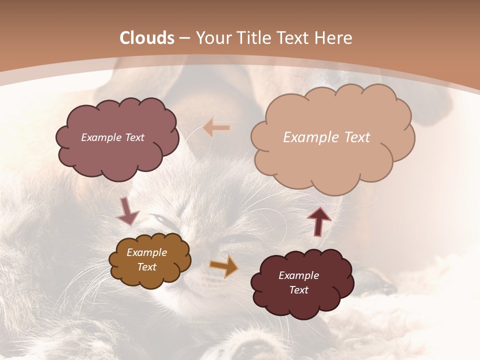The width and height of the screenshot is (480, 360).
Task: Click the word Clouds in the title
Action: coord(147,38)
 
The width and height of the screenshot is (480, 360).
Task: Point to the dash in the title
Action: coord(183,38)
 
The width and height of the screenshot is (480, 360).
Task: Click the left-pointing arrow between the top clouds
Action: coord(217,127)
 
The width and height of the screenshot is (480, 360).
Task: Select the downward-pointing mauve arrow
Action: coord(127,210)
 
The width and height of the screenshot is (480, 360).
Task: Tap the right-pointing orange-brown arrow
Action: coord(224,266)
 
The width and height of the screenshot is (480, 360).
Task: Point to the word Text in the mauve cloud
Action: coord(134,137)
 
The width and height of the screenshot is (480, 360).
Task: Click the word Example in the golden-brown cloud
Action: coord(146,253)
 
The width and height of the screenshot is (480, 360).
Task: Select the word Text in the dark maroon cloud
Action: coord(298,290)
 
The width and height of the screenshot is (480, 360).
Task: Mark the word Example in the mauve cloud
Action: coord(101,137)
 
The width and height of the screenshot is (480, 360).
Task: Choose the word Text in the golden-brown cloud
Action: coord(146,267)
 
